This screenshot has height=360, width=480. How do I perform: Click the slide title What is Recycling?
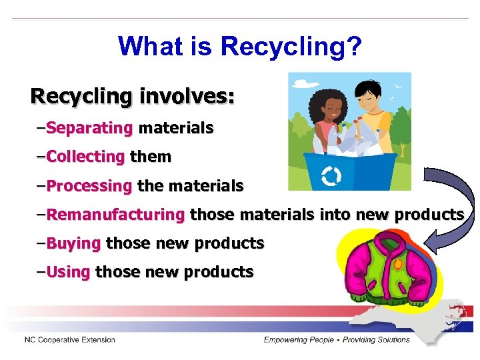[240, 46]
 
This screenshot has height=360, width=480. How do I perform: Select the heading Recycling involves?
[133, 96]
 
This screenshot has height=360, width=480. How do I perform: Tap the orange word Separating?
[91, 127]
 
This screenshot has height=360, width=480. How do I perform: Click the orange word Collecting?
[86, 157]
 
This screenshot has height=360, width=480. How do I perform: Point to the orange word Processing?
[90, 186]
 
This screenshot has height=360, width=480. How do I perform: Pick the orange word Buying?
[74, 243]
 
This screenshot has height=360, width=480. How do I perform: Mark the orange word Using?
[69, 272]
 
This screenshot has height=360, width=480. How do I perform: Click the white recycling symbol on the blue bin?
[331, 176]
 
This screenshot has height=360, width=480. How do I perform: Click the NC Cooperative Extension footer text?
[70, 340]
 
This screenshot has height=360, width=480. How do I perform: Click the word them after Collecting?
[151, 157]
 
